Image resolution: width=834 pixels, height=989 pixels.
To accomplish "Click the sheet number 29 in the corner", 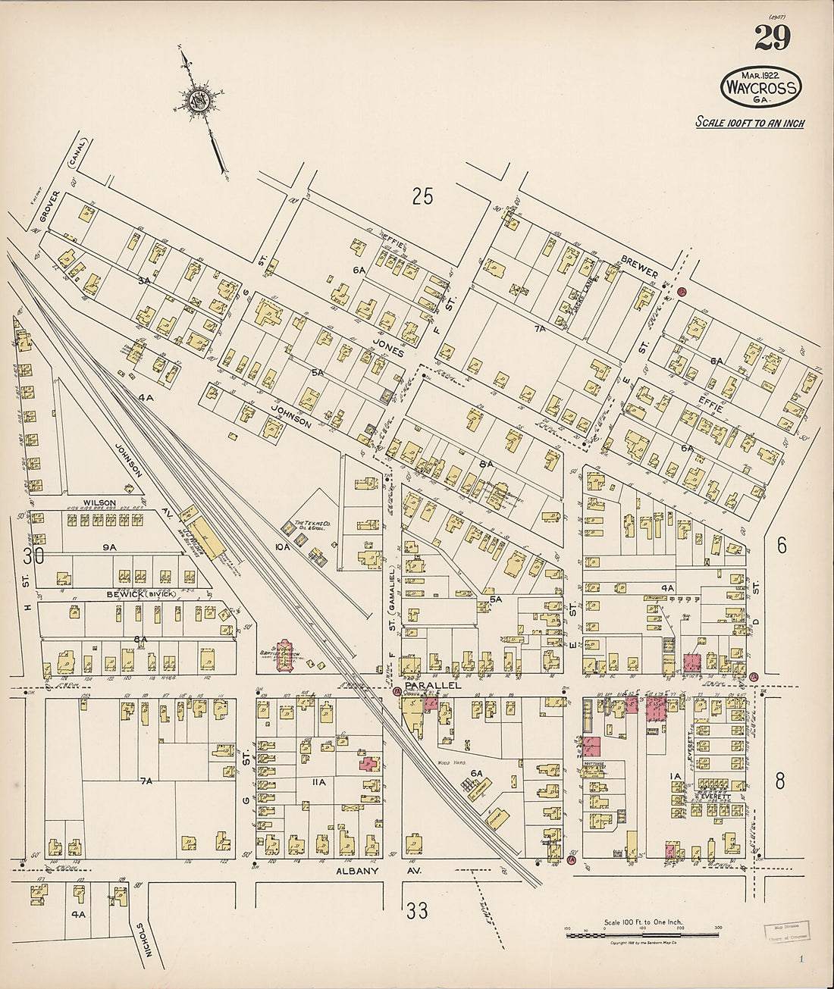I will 773,38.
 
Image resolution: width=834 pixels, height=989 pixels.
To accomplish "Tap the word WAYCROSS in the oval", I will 760,88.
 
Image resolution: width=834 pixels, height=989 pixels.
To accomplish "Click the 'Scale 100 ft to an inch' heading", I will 749,123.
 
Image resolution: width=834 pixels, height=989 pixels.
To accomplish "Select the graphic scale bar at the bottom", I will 642,934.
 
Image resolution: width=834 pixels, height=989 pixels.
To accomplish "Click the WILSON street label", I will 99,502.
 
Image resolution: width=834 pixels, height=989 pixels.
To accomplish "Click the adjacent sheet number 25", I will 422,196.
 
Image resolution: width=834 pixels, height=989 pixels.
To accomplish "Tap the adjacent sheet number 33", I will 417,910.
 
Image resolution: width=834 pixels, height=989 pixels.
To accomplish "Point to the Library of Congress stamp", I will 785,930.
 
